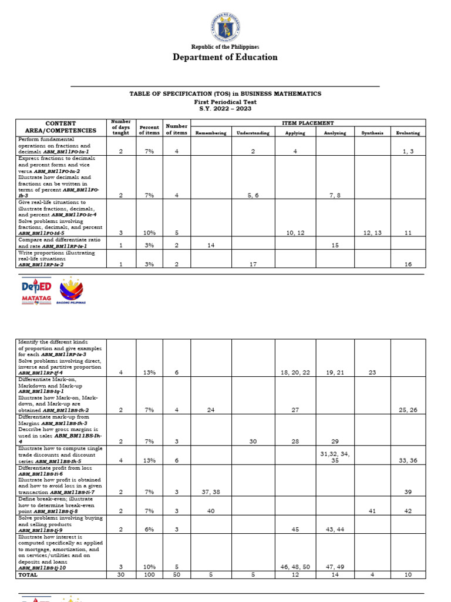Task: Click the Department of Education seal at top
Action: [x=225, y=26]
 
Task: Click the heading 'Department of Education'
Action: [x=225, y=57]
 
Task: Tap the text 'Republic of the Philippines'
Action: [x=225, y=46]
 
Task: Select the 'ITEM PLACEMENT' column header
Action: [x=308, y=123]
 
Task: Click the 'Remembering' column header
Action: [x=210, y=133]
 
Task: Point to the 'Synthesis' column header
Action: [x=372, y=133]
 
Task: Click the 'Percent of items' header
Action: [x=149, y=129]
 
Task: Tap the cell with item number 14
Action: [x=210, y=245]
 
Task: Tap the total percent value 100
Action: [x=149, y=574]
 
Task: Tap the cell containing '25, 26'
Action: [x=408, y=409]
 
